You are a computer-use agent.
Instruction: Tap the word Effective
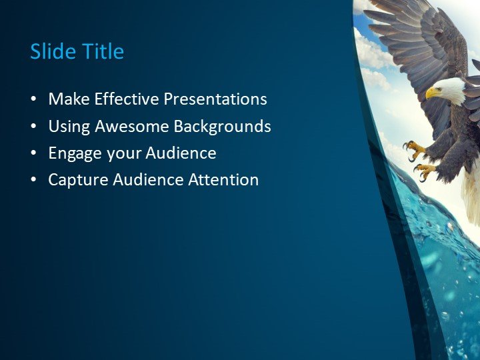[127, 99]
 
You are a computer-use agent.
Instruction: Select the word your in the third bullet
[120, 154]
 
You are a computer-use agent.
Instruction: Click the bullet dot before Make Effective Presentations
[33, 100]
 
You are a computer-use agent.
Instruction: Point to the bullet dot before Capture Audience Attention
[33, 180]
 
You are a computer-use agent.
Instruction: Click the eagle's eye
[441, 87]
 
